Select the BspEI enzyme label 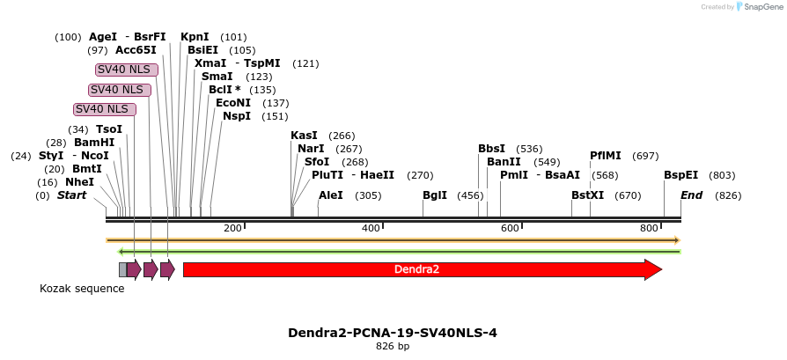click(680, 175)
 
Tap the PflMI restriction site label click(606, 156)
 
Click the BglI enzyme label click(435, 195)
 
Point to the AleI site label click(331, 195)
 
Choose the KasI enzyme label click(304, 136)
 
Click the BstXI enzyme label click(588, 195)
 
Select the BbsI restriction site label click(492, 149)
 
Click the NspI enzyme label click(237, 116)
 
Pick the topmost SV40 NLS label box click(127, 70)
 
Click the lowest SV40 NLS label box click(105, 109)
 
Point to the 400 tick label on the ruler click(371, 229)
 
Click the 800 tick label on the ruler click(649, 229)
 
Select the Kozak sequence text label click(82, 289)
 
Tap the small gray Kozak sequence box click(122, 269)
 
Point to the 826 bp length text click(393, 347)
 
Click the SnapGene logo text click(760, 7)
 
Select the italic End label click(691, 195)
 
